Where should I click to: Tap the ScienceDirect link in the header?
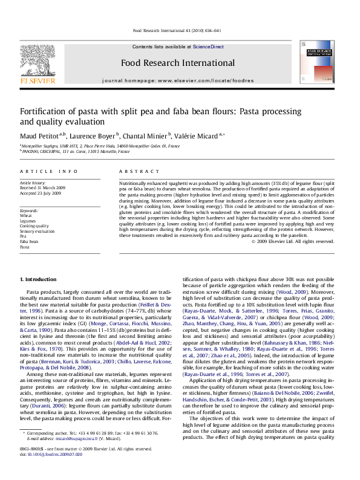pos(208,47)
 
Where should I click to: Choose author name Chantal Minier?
pos(148,135)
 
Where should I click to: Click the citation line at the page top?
pos(180,31)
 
